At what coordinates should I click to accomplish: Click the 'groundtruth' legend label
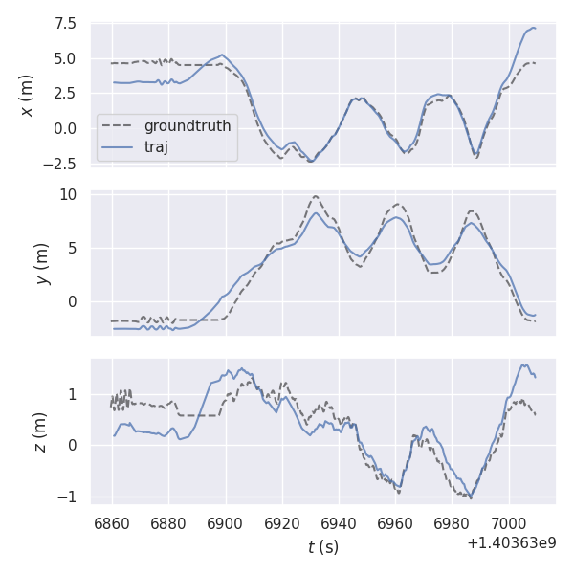(188, 126)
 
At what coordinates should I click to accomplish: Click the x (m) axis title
(27, 96)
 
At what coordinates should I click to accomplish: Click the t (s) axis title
(322, 547)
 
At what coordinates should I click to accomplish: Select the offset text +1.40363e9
(512, 543)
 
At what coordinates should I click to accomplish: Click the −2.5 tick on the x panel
(62, 164)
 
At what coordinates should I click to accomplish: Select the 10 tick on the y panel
(71, 194)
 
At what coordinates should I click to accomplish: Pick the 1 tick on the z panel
(75, 394)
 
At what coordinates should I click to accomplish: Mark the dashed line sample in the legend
(118, 126)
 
